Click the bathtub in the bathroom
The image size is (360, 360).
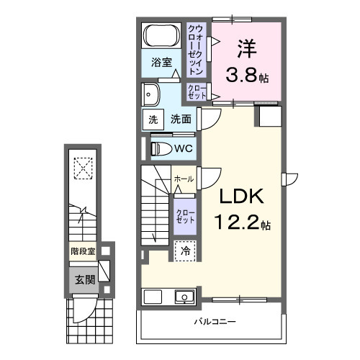click(162, 35)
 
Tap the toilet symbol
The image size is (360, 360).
click(162, 149)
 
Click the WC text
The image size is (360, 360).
click(184, 149)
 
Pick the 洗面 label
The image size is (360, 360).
click(181, 119)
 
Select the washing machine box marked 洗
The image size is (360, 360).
click(153, 120)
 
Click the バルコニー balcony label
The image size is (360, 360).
click(215, 321)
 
